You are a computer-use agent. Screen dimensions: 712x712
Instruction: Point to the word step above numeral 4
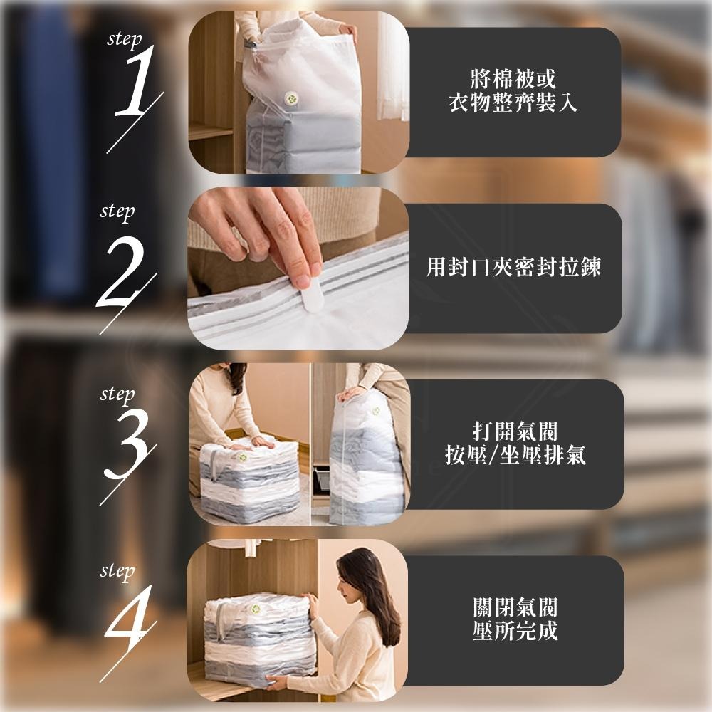coord(117,571)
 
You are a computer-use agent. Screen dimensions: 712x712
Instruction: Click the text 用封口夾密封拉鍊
coord(513,267)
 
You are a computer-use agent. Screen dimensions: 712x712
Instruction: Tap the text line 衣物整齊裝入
coord(513,104)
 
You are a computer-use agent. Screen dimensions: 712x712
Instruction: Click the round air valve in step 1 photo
coord(291,98)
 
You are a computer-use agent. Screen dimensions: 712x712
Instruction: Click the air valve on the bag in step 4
coord(255,609)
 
